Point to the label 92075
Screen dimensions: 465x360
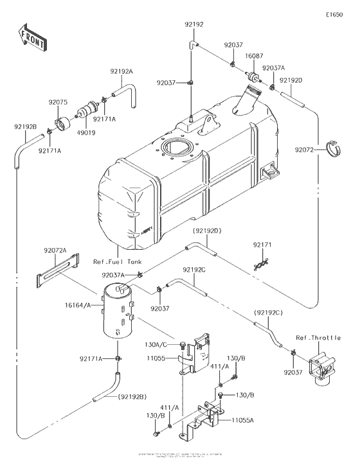tap(58, 101)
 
